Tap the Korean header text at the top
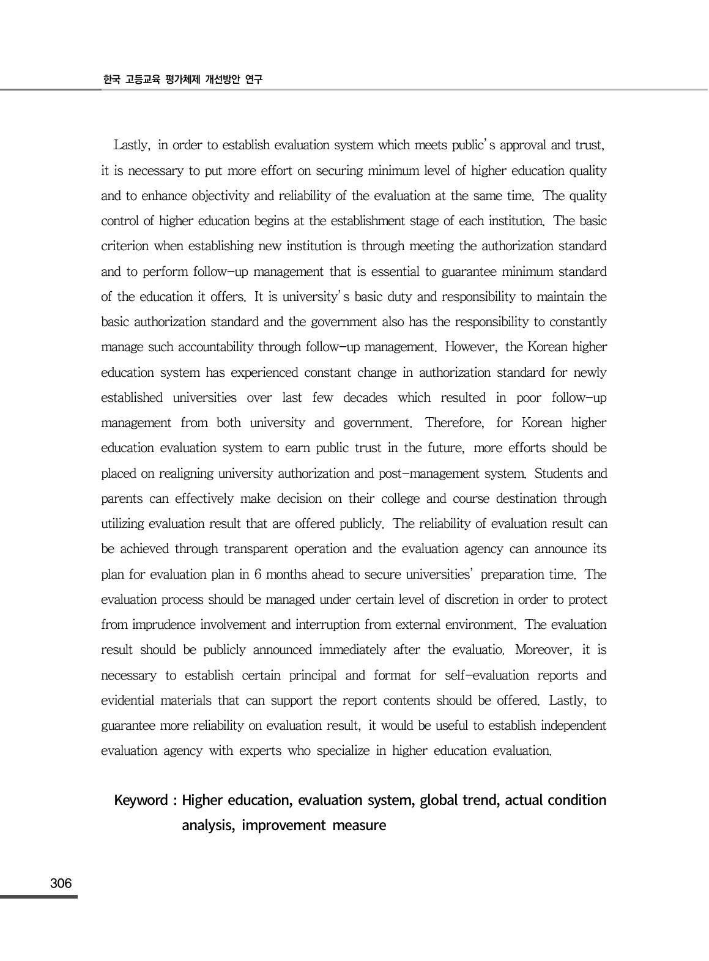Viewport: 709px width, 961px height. (182, 80)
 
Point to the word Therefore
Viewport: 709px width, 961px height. (454, 423)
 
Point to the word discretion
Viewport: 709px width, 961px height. (470, 599)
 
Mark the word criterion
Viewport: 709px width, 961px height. (125, 246)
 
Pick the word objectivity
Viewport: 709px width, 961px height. (176, 196)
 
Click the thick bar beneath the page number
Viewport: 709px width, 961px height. (39, 897)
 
